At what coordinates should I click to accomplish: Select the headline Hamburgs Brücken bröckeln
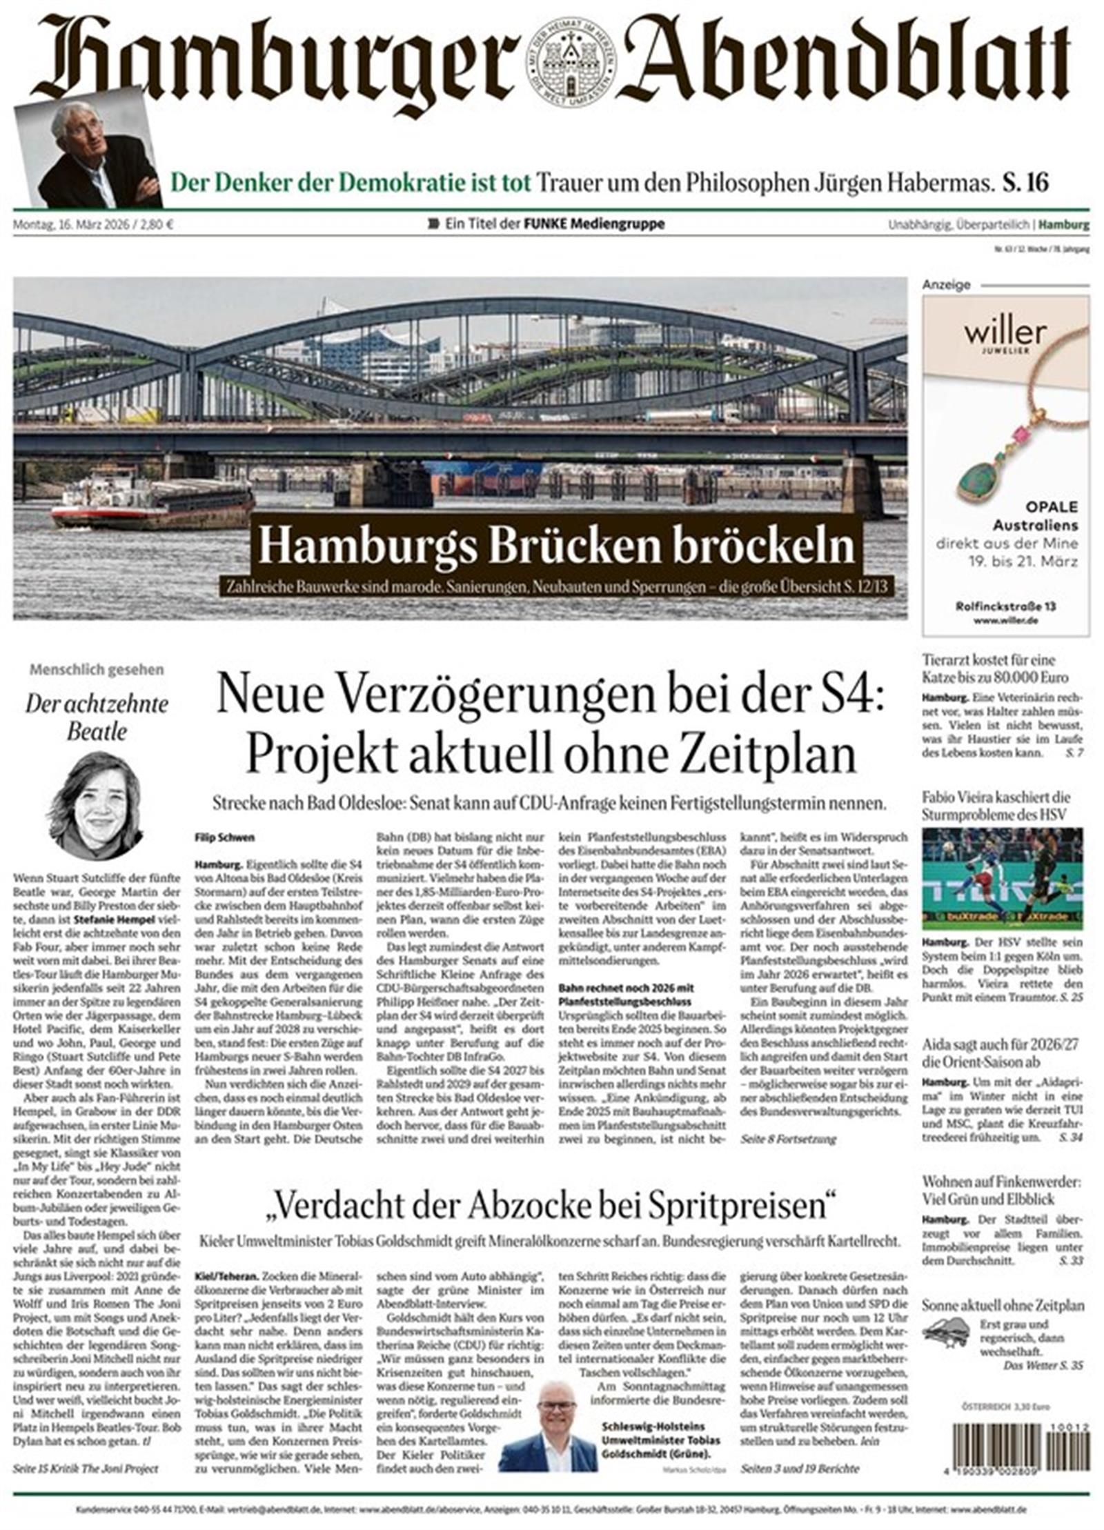pyautogui.click(x=557, y=546)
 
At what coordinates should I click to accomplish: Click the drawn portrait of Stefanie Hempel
pyautogui.click(x=97, y=806)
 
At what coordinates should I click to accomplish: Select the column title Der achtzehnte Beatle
pyautogui.click(x=97, y=717)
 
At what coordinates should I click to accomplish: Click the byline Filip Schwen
pyautogui.click(x=225, y=837)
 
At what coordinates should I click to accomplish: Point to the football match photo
pyautogui.click(x=1002, y=878)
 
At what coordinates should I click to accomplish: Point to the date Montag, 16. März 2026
pyautogui.click(x=92, y=224)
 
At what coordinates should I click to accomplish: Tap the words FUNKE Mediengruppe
pyautogui.click(x=594, y=223)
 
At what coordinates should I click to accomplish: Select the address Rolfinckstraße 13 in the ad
pyautogui.click(x=1005, y=606)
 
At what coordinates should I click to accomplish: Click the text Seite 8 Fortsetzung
pyautogui.click(x=788, y=1140)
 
